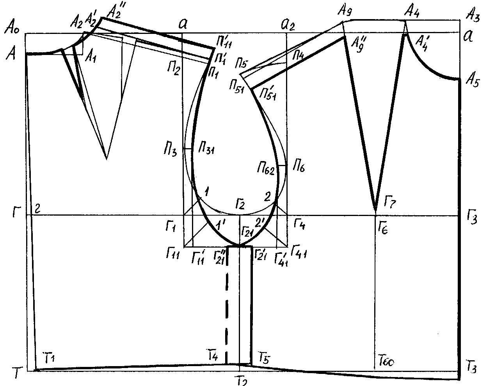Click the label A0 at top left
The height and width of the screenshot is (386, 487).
tap(12, 28)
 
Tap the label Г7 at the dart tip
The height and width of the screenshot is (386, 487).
tap(391, 201)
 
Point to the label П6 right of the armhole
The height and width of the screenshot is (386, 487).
tap(299, 168)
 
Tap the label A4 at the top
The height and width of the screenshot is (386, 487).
tap(412, 11)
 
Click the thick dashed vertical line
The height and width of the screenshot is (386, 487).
tap(228, 312)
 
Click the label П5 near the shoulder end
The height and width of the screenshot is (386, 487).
tap(242, 63)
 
